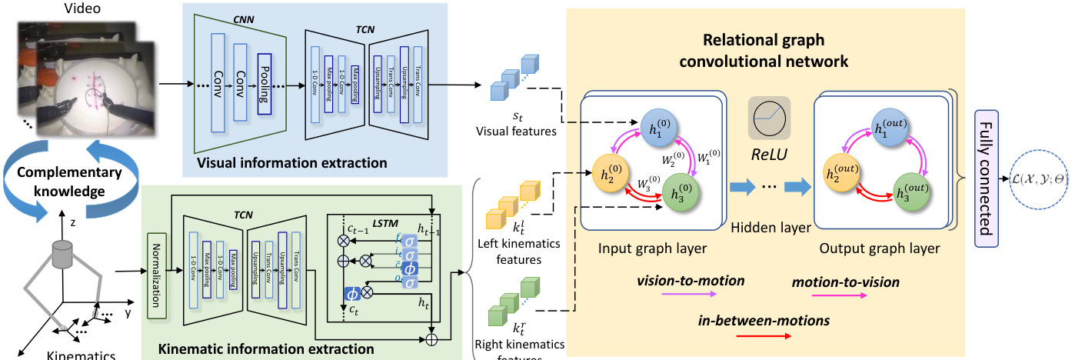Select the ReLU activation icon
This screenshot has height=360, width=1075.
click(770, 118)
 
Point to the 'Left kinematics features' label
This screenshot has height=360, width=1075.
click(508, 252)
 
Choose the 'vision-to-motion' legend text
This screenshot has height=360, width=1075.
click(691, 282)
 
